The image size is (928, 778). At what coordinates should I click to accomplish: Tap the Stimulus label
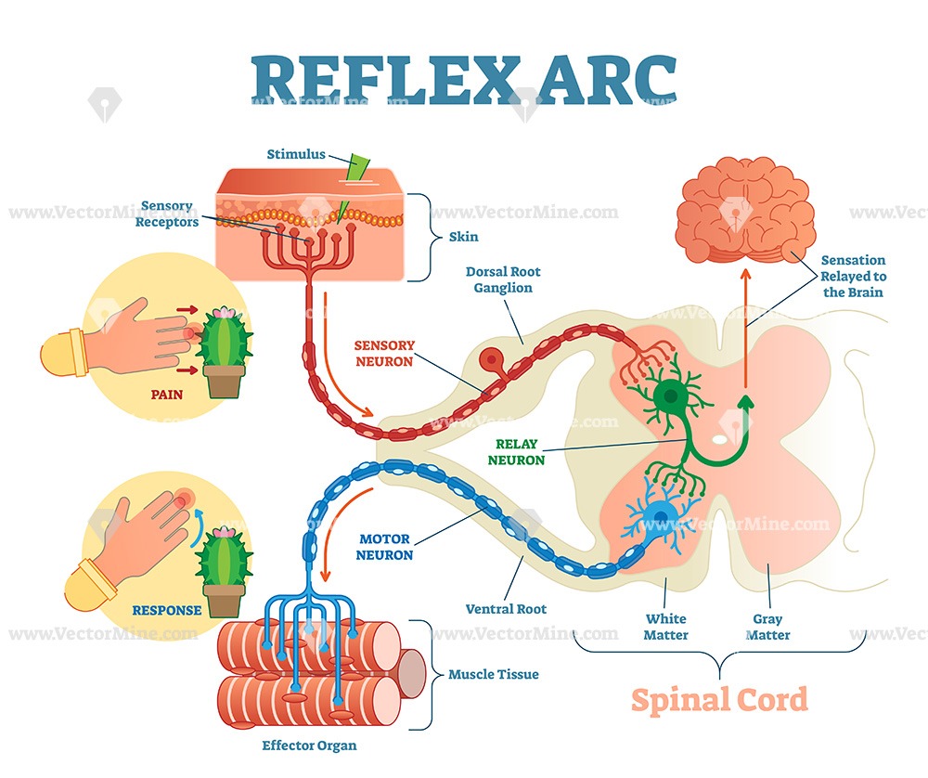pyautogui.click(x=296, y=154)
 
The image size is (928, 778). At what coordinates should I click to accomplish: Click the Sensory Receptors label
pyautogui.click(x=167, y=214)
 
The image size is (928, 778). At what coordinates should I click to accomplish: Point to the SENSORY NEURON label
pyautogui.click(x=384, y=353)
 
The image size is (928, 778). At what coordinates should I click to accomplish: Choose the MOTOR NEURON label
pyautogui.click(x=384, y=546)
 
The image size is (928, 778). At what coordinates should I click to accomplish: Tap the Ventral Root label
pyautogui.click(x=506, y=609)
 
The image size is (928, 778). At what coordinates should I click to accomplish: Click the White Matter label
pyautogui.click(x=666, y=627)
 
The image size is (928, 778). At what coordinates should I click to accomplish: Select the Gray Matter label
pyautogui.click(x=768, y=627)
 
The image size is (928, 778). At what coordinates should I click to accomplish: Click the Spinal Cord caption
pyautogui.click(x=719, y=699)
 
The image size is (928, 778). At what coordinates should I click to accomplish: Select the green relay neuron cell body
pyautogui.click(x=668, y=398)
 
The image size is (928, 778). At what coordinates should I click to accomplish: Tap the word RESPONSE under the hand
pyautogui.click(x=167, y=610)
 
